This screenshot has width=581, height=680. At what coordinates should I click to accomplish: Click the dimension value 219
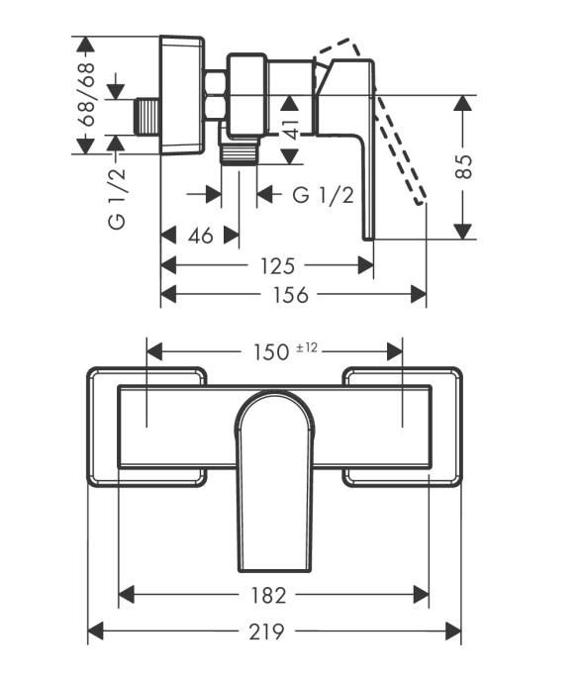pos(267,631)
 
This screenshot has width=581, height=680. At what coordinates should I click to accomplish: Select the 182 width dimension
pos(268,596)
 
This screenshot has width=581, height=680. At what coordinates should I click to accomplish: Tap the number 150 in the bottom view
pos(271,351)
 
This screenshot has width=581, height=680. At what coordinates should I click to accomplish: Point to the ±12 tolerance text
pos(307,347)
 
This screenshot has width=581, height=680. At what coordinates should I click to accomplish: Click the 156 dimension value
pos(290,295)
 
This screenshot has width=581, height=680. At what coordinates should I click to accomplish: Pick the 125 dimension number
pos(277,266)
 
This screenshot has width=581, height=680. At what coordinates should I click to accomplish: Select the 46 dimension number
pos(201,236)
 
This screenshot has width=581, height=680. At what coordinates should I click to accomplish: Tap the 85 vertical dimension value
pos(463,166)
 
